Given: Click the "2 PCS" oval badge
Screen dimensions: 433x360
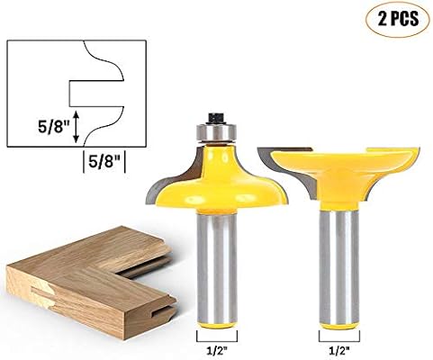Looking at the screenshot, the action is (398, 19).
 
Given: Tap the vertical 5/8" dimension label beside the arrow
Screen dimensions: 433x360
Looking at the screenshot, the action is (54, 127).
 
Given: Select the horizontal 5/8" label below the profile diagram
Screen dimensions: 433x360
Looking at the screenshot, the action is (104, 162).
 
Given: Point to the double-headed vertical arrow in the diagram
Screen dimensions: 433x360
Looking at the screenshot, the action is (77, 126).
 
